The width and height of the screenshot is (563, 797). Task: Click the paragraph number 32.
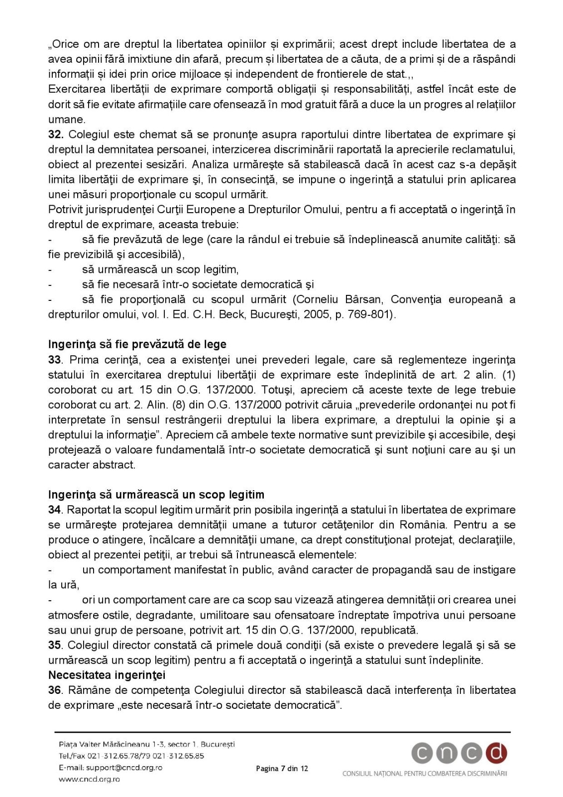[x=55, y=134]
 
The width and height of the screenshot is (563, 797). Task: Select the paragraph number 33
[x=54, y=360]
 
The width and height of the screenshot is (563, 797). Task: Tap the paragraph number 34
[x=54, y=510]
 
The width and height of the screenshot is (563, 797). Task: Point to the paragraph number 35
[x=54, y=645]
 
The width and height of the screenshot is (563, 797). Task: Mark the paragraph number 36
[x=54, y=690]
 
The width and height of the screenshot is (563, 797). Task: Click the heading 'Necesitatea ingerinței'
[x=107, y=675]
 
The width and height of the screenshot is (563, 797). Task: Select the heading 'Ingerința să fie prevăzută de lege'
[x=137, y=344]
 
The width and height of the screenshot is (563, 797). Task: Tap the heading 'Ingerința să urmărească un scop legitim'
[x=156, y=495]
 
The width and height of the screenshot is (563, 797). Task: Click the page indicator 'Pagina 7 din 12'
[x=282, y=769]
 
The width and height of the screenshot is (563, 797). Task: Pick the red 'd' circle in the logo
[x=496, y=754]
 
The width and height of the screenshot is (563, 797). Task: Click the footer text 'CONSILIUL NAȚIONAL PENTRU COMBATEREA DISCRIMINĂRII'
[x=425, y=774]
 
